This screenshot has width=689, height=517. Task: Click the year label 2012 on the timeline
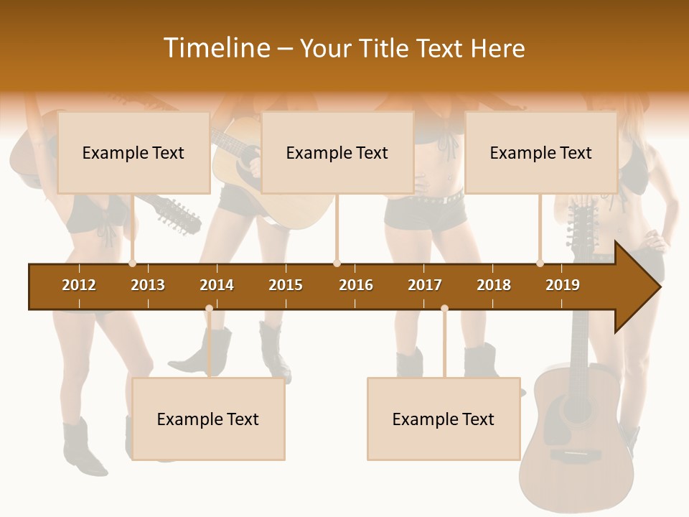tap(79, 285)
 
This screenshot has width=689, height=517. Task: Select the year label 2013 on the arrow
tap(148, 285)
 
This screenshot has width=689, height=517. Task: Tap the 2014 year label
tap(217, 285)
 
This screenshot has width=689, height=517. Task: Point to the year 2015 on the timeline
tap(286, 285)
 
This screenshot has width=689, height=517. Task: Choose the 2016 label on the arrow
tap(356, 285)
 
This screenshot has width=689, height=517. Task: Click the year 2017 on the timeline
tap(425, 285)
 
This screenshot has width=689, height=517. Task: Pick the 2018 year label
tap(494, 285)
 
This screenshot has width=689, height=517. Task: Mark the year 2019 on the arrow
tap(563, 285)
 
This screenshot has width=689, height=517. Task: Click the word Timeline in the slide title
tap(215, 48)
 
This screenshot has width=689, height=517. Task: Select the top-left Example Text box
tap(133, 152)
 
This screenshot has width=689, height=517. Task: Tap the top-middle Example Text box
tap(337, 152)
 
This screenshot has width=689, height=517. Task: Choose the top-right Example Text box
tap(541, 152)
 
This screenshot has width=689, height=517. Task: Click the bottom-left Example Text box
tap(208, 419)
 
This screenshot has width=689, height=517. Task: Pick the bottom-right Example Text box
tap(444, 419)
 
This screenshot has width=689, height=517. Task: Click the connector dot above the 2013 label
tap(133, 263)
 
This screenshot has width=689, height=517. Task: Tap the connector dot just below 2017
tap(444, 309)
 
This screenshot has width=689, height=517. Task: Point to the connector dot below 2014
tap(209, 309)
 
